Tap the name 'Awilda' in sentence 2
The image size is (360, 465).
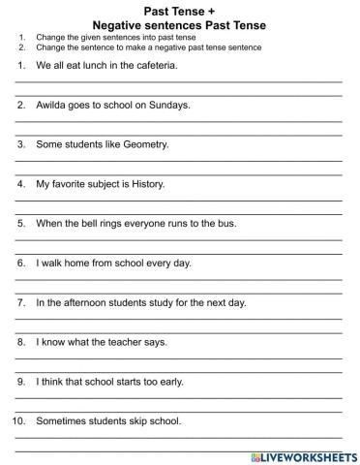52,104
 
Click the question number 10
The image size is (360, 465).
19,421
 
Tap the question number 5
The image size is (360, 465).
21,223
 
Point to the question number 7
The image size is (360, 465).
21,302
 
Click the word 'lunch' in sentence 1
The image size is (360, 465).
98,65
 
